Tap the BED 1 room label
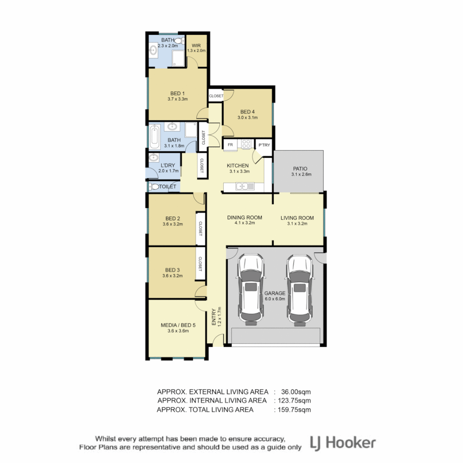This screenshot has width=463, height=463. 177,93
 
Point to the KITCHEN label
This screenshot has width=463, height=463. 238,165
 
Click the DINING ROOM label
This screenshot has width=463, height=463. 244,217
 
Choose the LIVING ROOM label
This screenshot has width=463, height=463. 297,218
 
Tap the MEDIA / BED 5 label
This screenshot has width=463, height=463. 177,325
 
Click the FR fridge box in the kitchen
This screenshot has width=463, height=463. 230,145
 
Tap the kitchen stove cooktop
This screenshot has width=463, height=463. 246,144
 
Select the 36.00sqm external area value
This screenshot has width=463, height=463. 296,391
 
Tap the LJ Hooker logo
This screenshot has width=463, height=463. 343,442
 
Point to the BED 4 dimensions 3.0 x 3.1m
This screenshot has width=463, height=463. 247,117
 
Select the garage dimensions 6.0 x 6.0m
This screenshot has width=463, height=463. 274,299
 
